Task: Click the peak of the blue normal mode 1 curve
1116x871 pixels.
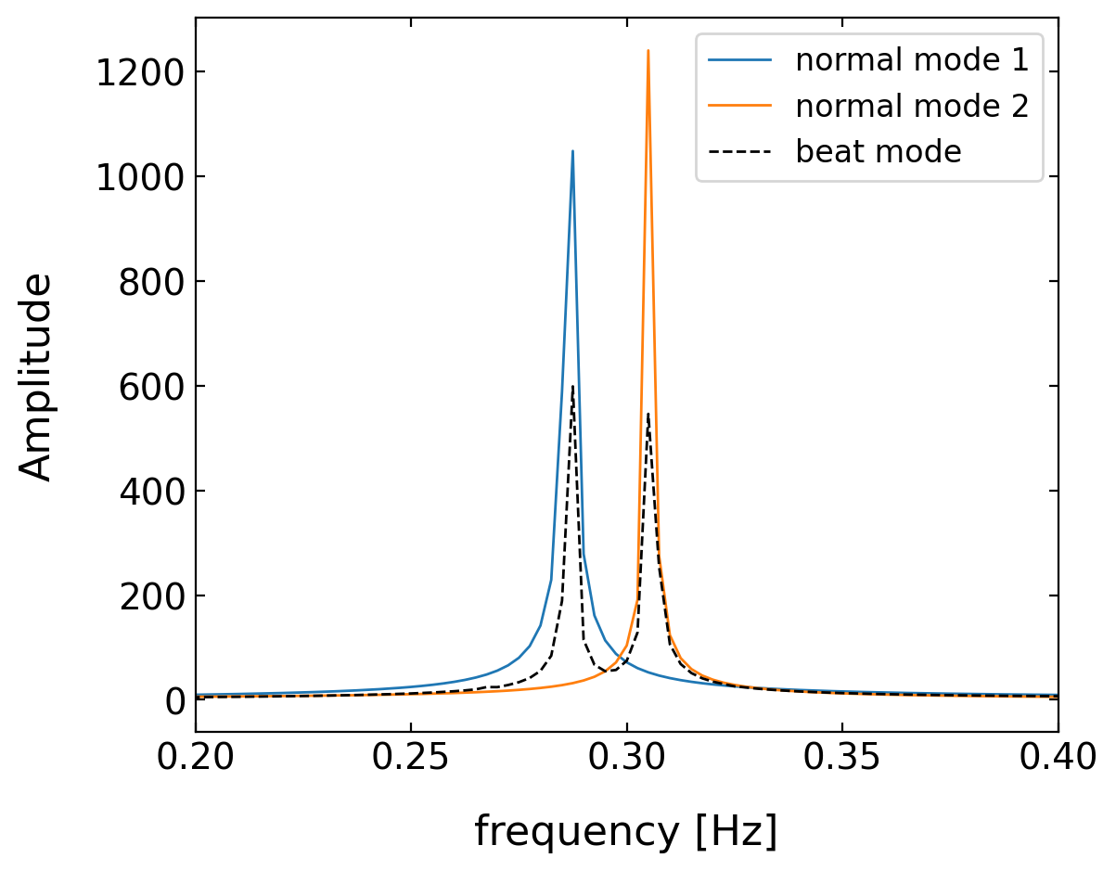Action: [x=572, y=151]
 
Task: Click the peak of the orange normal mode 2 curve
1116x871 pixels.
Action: [x=648, y=51]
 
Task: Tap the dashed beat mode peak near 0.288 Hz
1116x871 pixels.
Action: [x=572, y=387]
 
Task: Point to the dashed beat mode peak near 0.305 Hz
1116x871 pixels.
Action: [x=648, y=414]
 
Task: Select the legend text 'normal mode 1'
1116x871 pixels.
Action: [x=911, y=60]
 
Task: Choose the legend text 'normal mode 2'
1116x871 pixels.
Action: [x=911, y=106]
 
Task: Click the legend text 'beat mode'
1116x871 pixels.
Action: [x=878, y=151]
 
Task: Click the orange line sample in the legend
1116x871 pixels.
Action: [x=739, y=106]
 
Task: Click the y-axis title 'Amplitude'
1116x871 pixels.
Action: [x=37, y=376]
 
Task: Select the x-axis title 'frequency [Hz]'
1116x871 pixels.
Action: [x=626, y=831]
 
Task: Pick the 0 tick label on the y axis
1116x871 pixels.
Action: [x=173, y=700]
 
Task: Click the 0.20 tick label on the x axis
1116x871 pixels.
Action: [x=195, y=759]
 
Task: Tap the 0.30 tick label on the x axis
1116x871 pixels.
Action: [x=626, y=759]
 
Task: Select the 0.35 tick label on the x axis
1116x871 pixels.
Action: [x=841, y=759]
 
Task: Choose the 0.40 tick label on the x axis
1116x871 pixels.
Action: [x=1058, y=759]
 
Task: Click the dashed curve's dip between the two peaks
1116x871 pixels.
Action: [x=610, y=670]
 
